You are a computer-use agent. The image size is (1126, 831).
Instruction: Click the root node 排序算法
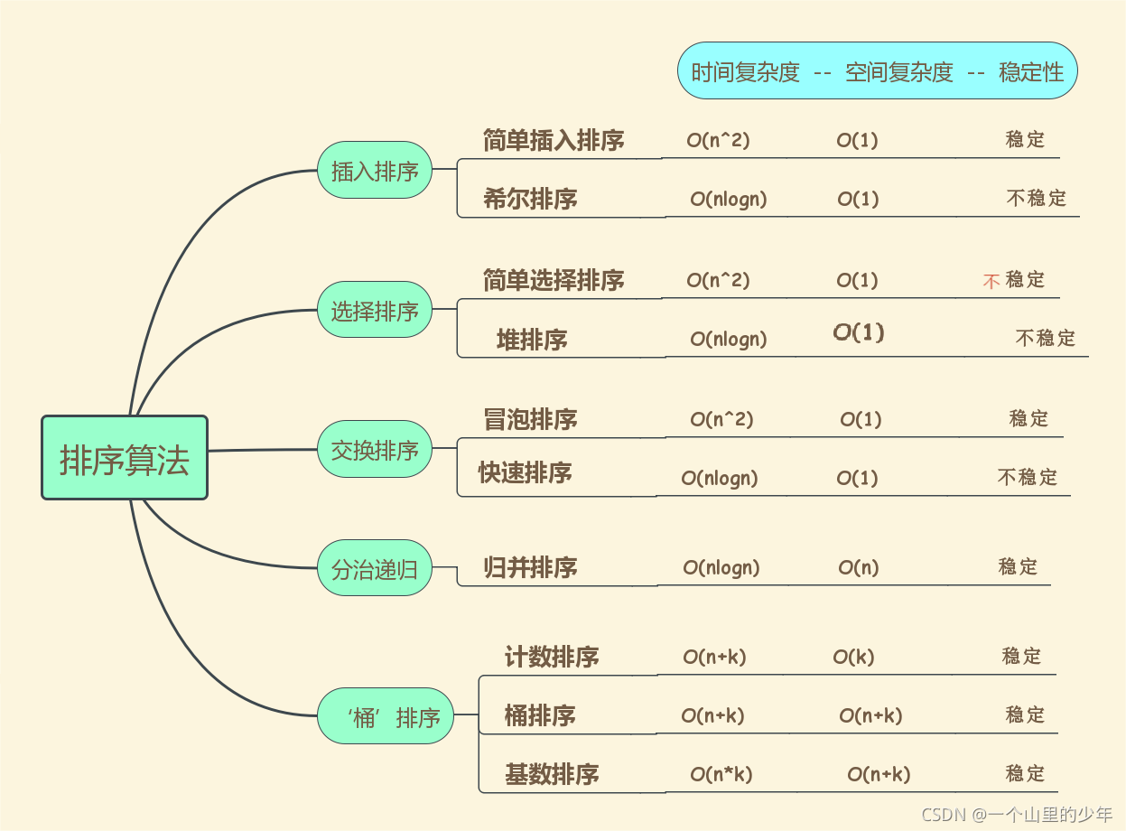pos(125,458)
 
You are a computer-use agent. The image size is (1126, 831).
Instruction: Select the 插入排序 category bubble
pos(375,170)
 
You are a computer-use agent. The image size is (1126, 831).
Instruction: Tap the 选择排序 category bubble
pos(375,309)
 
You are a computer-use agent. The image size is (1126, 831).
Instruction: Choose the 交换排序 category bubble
pos(375,449)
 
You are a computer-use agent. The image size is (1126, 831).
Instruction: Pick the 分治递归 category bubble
pos(375,568)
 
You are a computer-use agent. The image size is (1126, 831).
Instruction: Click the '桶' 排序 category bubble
pos(386,716)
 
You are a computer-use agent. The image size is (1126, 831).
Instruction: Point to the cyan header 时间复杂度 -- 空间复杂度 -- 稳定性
pos(878,70)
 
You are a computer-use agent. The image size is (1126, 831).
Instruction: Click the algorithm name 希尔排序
pos(530,199)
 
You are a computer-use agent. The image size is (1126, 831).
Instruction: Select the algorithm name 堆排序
pos(532,340)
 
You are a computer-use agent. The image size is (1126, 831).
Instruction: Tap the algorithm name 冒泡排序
pos(530,419)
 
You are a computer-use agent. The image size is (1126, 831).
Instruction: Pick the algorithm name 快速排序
pos(526,473)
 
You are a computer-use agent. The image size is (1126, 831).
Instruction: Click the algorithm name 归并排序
pos(530,567)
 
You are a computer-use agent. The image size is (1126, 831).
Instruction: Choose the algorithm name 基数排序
pos(552,775)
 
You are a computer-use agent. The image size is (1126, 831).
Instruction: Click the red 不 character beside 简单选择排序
pos(991,281)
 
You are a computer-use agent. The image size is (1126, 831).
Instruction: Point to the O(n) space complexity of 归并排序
pos(859,567)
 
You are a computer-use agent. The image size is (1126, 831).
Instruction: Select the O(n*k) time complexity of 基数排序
pos(721,774)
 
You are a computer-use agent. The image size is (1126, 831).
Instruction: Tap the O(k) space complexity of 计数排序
pos(853,657)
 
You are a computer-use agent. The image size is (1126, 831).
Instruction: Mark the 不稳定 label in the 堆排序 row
pos(1046,338)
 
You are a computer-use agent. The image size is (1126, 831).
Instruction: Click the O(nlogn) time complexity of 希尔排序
pos(729,199)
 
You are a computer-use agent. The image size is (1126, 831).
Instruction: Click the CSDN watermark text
pos(1017,815)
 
